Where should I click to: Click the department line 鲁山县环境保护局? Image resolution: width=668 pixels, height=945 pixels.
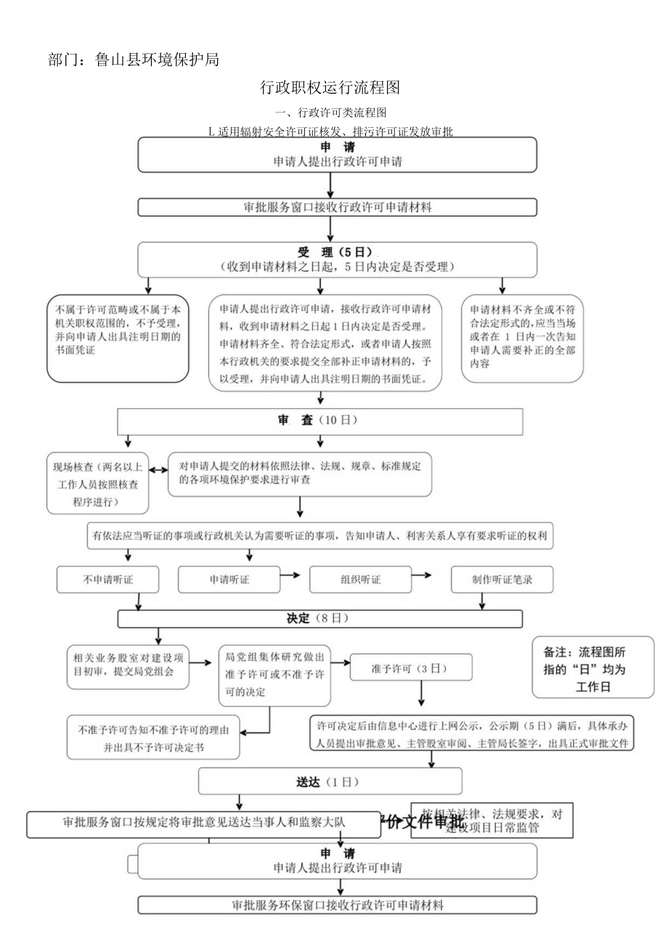134,60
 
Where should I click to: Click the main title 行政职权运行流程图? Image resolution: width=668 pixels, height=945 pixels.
330,89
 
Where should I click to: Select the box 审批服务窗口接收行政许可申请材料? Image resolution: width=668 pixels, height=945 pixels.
337,208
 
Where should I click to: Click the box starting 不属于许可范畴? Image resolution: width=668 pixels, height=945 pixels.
118,338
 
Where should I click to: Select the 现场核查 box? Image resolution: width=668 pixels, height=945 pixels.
98,483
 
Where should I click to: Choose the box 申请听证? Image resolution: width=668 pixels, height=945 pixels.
229,580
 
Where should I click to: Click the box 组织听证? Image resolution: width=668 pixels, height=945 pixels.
360,580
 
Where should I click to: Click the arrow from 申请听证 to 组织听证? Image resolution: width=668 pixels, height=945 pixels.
290,575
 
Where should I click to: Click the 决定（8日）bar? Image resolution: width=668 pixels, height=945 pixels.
319,619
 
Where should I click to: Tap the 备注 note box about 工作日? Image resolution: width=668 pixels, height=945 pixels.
592,668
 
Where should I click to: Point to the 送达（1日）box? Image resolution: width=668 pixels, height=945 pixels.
330,782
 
